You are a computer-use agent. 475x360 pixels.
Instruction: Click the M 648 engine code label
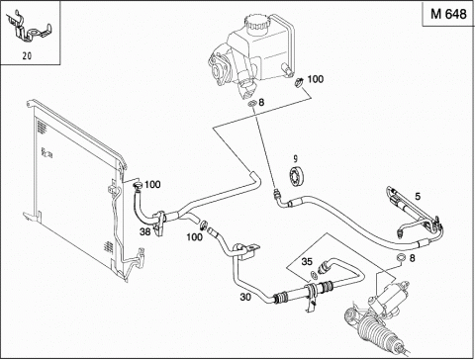448,14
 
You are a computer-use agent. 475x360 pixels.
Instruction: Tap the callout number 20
27,56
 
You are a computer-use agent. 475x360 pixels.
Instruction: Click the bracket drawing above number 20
30,29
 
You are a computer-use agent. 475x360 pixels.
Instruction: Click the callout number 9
295,159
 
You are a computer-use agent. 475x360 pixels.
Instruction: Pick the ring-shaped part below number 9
297,175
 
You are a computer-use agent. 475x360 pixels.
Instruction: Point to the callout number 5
418,197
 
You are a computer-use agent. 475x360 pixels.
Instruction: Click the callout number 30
245,297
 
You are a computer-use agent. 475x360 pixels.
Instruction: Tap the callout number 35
307,262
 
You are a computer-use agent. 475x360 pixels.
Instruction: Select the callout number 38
144,231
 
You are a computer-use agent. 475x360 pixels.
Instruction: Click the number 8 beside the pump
261,103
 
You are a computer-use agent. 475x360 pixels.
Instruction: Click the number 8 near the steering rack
412,258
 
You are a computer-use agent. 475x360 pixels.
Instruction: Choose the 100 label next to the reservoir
316,79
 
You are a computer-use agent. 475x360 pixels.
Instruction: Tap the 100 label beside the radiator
152,184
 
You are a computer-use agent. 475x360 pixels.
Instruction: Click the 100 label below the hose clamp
195,236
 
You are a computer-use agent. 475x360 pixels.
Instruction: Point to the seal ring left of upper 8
252,104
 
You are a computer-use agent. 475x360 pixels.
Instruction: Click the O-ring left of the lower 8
401,257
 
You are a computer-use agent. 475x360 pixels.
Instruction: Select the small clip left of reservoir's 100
299,82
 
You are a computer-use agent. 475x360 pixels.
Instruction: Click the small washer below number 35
314,275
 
